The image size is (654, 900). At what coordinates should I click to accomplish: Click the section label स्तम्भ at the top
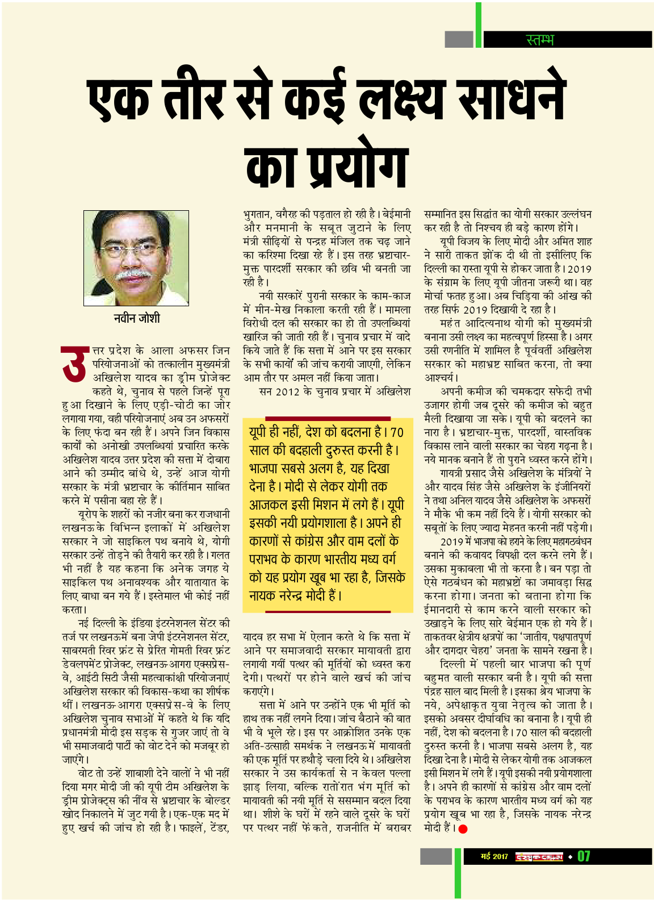coord(539,40)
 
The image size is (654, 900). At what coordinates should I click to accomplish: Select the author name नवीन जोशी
coord(136,318)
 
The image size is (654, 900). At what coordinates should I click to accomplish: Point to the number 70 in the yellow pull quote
coord(397,432)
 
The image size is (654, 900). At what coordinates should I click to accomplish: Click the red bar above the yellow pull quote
coord(328,418)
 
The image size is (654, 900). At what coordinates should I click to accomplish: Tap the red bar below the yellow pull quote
coord(328,612)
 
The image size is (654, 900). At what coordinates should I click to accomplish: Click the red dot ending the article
coord(463,828)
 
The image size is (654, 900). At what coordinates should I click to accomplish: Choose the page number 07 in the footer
coord(584,856)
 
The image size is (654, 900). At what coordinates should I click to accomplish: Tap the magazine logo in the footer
coord(539,856)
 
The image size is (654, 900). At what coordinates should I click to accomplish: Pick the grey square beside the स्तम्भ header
coord(459,39)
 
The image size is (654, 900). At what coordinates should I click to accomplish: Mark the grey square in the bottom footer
coord(436,856)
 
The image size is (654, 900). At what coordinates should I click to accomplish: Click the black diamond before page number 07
coord(570,856)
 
